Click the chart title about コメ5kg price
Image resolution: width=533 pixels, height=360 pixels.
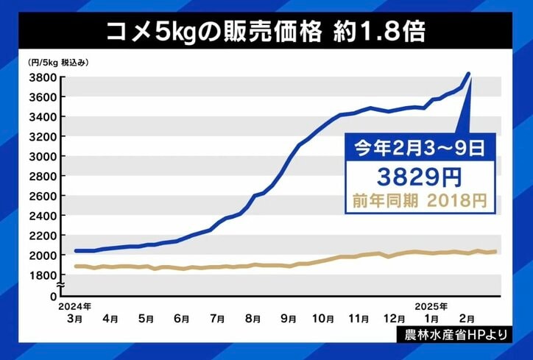point(266,32)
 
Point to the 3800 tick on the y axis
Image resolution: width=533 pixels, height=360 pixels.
point(42,77)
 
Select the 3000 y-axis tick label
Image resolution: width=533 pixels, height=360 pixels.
point(42,156)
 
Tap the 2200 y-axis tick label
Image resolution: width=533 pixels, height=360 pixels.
point(42,236)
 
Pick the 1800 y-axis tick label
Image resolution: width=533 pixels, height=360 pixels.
point(42,275)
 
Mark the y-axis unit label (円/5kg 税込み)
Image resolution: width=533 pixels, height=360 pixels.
point(58,62)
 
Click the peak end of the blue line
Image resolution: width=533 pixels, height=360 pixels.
point(470,74)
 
